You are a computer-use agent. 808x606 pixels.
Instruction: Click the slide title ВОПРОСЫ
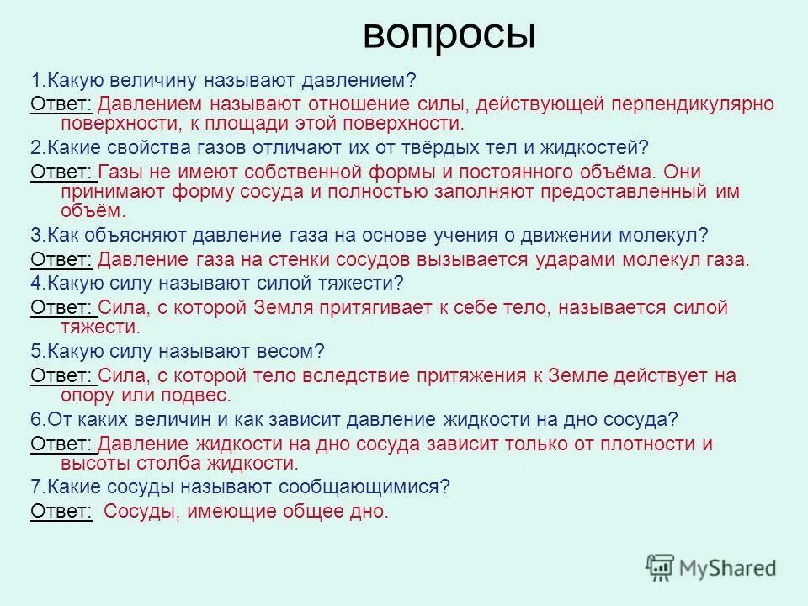click(x=449, y=35)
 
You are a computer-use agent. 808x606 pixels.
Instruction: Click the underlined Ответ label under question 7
click(x=61, y=511)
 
